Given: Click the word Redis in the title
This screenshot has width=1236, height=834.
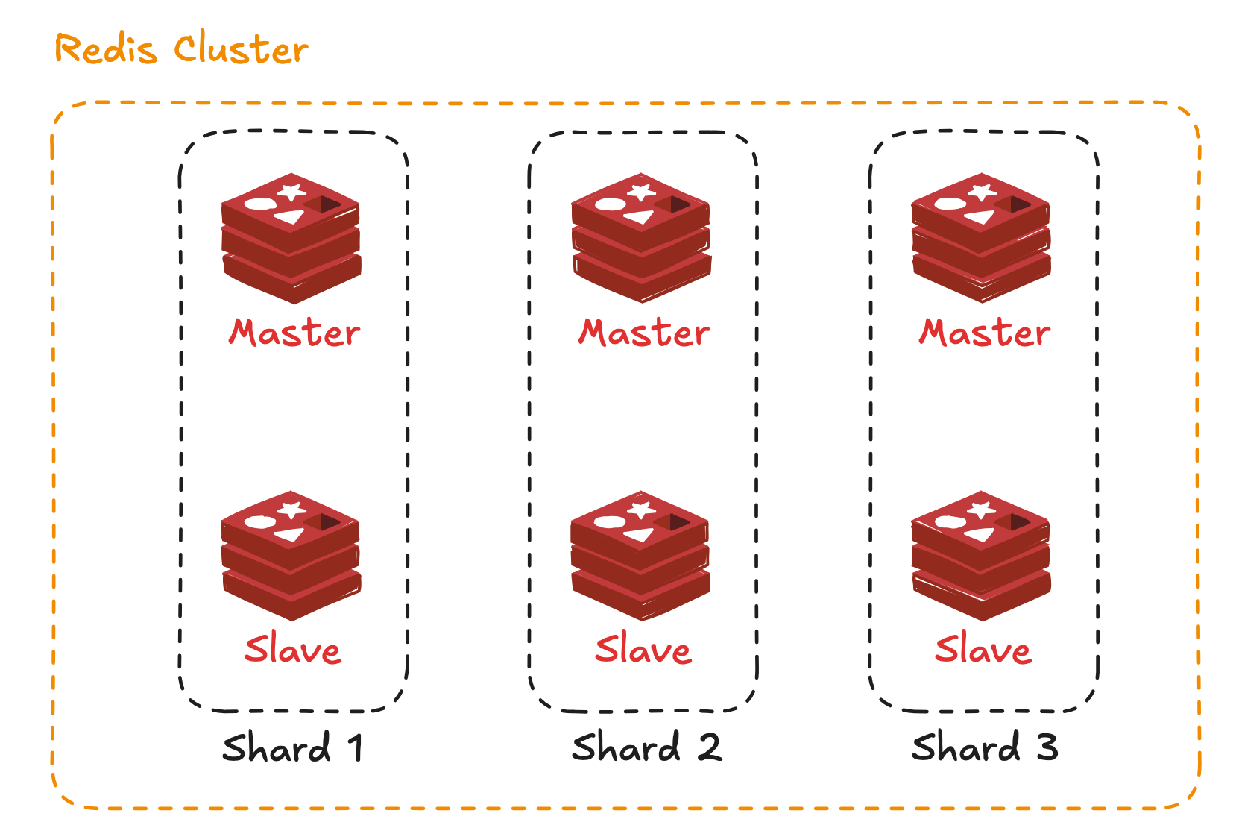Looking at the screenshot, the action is click(x=106, y=50).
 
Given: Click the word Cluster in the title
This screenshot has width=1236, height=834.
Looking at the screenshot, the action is click(x=241, y=49).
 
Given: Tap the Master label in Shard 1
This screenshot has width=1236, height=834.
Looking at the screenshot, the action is click(x=294, y=333).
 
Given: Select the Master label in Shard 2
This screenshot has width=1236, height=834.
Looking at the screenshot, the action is click(x=644, y=333).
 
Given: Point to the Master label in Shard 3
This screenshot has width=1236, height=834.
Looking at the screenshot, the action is click(x=984, y=333).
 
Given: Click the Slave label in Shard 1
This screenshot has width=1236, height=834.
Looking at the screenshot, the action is click(x=293, y=649).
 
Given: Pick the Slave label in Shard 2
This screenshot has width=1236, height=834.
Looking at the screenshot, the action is click(x=643, y=649).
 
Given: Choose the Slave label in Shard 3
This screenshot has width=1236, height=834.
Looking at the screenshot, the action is click(x=983, y=649).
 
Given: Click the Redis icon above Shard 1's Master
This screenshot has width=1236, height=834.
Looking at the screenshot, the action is click(x=291, y=238).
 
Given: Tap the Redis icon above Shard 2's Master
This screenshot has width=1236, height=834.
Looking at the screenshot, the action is click(x=641, y=238).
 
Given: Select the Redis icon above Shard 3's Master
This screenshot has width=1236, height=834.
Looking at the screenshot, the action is click(x=981, y=238).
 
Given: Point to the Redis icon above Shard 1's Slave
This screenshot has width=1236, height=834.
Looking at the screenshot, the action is click(x=291, y=555).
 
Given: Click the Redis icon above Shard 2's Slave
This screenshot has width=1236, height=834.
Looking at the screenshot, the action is click(x=640, y=555).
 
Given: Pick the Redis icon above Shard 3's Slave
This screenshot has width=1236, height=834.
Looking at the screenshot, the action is click(x=981, y=555).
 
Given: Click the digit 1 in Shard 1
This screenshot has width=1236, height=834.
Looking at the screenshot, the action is click(x=356, y=748).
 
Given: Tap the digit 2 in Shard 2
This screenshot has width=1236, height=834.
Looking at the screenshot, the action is click(x=710, y=748).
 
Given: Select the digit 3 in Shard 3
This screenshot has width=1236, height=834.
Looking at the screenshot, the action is click(x=1047, y=748).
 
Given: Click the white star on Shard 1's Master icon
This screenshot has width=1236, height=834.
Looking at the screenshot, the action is click(x=291, y=192).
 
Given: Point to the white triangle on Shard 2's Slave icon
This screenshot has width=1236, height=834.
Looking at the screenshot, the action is click(x=640, y=534).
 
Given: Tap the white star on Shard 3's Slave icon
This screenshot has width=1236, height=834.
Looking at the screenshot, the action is click(x=981, y=510).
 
